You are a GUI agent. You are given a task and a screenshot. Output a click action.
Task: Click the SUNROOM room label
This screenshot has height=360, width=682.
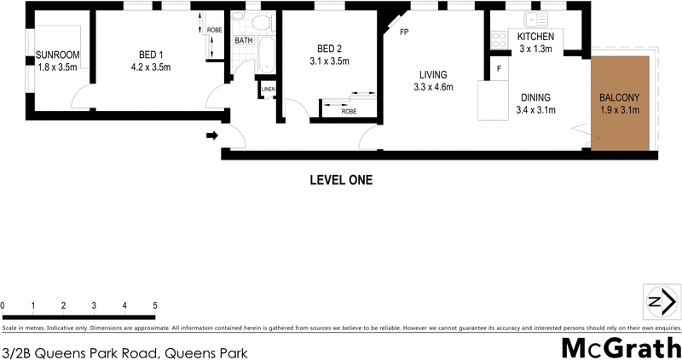click(x=57, y=56)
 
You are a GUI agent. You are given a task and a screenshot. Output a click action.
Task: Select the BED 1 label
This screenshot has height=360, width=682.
click(x=146, y=55)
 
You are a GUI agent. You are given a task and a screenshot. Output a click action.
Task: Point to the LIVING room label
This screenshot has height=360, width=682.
click(x=432, y=73)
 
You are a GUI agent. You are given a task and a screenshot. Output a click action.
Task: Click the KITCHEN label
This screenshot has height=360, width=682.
click(x=536, y=37)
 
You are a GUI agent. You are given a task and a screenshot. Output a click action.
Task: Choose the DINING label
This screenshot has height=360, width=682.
click(x=536, y=96)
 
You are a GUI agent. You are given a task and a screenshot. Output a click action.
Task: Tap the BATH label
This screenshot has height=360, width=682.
click(x=244, y=40)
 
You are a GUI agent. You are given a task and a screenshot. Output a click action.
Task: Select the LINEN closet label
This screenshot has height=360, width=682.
click(x=268, y=89)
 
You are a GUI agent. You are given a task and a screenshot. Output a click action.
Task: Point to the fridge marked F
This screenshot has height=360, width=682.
click(x=499, y=67)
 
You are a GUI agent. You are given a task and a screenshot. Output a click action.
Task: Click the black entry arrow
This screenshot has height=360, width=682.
click(x=211, y=135)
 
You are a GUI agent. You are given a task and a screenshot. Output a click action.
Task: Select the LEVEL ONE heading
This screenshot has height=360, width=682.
click(x=340, y=180)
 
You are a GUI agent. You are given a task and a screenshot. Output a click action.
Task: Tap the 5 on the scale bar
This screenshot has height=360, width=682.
click(x=155, y=305)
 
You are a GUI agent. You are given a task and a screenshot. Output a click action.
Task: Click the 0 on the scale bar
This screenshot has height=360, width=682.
click(x=3, y=305)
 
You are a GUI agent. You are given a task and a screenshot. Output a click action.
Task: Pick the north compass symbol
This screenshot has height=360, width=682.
click(x=661, y=302)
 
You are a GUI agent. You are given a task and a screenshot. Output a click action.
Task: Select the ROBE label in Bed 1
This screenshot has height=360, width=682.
click(x=215, y=31)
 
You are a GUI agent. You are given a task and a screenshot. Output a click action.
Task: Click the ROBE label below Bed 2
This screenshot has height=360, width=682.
click(x=349, y=111)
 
